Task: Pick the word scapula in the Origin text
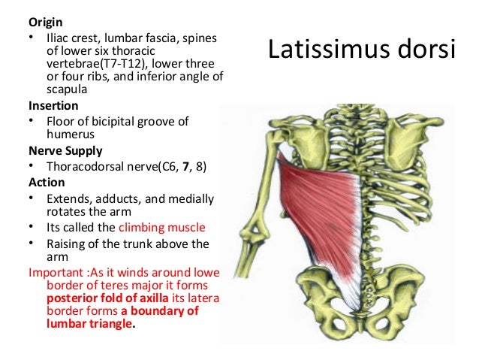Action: (x=67, y=89)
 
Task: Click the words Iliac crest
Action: (x=74, y=35)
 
